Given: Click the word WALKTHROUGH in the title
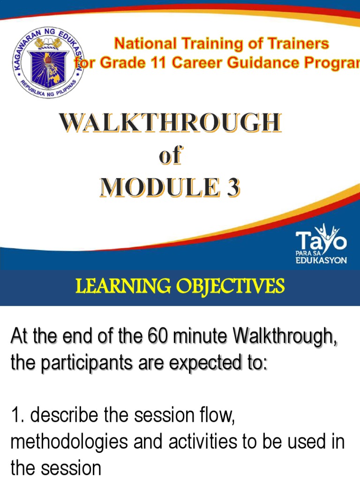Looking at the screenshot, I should point(170,124).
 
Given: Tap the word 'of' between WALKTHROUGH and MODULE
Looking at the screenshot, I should point(170,157).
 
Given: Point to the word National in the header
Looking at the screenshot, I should point(143,45).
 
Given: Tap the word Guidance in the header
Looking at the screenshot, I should point(255,63).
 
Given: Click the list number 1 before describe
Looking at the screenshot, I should point(15,415).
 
